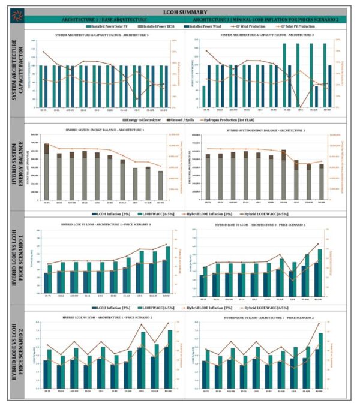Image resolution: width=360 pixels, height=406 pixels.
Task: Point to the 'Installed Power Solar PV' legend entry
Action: point(113,27)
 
